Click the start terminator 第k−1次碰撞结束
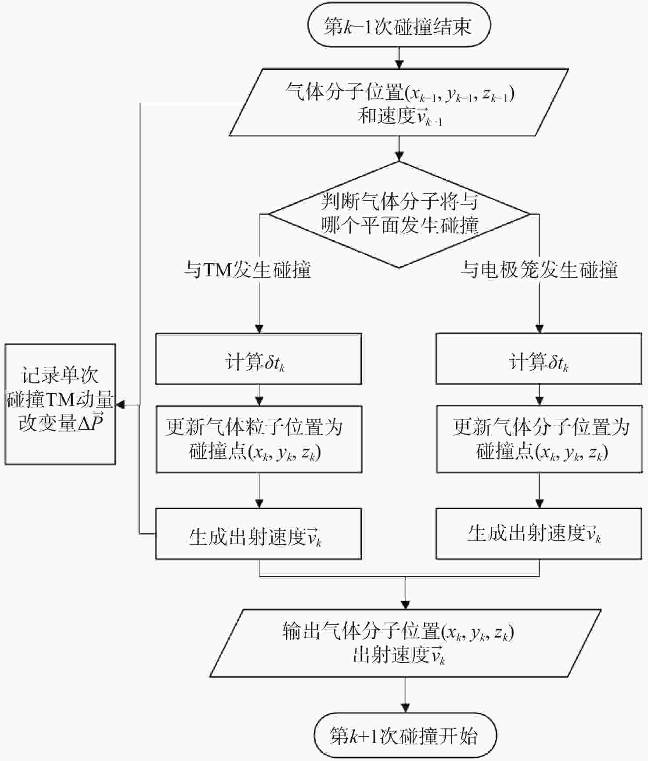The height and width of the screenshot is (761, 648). click(x=399, y=25)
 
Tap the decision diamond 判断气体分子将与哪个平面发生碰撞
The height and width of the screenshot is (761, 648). click(x=399, y=214)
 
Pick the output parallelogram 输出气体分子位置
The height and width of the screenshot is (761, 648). click(x=405, y=643)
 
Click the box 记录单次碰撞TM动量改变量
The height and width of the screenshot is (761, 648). click(x=60, y=404)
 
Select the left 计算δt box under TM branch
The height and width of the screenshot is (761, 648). click(x=259, y=359)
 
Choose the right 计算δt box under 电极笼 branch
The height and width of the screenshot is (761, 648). click(x=539, y=359)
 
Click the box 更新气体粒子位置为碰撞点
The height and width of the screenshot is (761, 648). click(x=259, y=439)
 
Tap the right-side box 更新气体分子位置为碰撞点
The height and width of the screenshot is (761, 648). click(x=539, y=439)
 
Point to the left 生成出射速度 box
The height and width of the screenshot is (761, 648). click(x=259, y=534)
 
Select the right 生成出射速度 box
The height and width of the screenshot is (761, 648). click(x=539, y=534)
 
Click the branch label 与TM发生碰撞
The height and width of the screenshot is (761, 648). click(x=247, y=269)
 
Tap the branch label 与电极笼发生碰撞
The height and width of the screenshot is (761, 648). click(x=539, y=269)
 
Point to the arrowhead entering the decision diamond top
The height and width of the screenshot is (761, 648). click(x=399, y=157)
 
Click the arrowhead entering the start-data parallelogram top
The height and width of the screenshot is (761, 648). click(x=399, y=64)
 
